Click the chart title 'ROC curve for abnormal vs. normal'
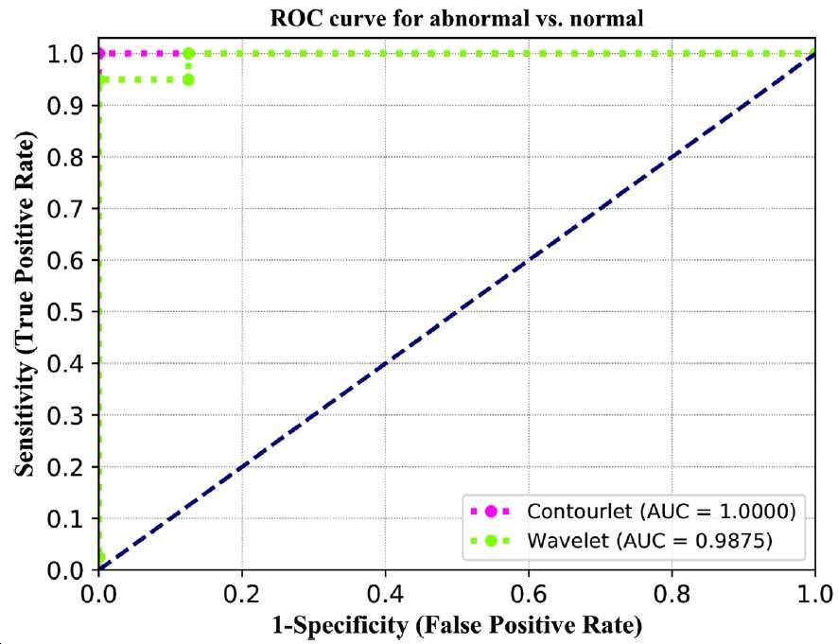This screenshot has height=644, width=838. [x=457, y=19]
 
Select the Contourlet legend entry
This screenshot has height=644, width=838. [x=634, y=512]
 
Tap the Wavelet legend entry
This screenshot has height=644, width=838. [x=621, y=541]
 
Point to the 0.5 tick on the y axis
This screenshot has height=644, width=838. [x=64, y=312]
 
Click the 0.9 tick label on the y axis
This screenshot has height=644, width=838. [x=64, y=106]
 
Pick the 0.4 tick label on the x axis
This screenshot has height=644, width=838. [x=385, y=594]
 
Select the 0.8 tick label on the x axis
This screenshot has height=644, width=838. [x=672, y=594]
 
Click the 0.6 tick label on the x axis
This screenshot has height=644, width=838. [x=528, y=594]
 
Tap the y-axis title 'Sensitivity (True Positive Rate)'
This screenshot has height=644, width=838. [x=25, y=303]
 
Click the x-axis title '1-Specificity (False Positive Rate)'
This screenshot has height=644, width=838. [x=457, y=625]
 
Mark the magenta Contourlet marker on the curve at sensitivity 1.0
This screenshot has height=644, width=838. [x=99, y=54]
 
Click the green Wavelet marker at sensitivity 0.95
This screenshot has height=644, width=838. [x=188, y=79]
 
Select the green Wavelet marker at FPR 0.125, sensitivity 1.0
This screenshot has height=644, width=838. [x=188, y=54]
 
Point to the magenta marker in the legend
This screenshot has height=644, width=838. [x=491, y=512]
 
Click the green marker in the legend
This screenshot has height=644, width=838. [x=491, y=541]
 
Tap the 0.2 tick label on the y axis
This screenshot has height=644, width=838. [x=64, y=467]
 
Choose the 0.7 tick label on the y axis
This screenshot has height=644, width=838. [x=64, y=209]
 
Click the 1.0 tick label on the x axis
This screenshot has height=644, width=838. [x=816, y=594]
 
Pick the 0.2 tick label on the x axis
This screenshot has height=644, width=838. [x=241, y=594]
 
